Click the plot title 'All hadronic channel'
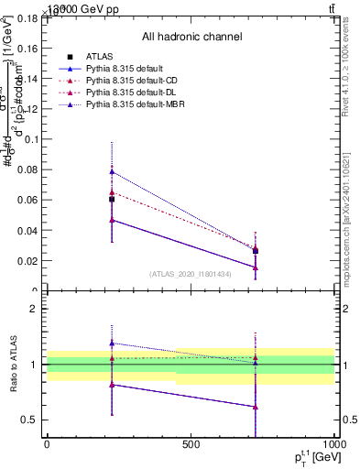pos(191,37)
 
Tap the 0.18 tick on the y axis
pos(27,17)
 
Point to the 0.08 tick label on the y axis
pos(27,169)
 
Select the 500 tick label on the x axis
pos(191,445)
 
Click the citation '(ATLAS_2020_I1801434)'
pos(191,274)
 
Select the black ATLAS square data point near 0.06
pos(112,199)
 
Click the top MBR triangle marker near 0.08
pos(112,171)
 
